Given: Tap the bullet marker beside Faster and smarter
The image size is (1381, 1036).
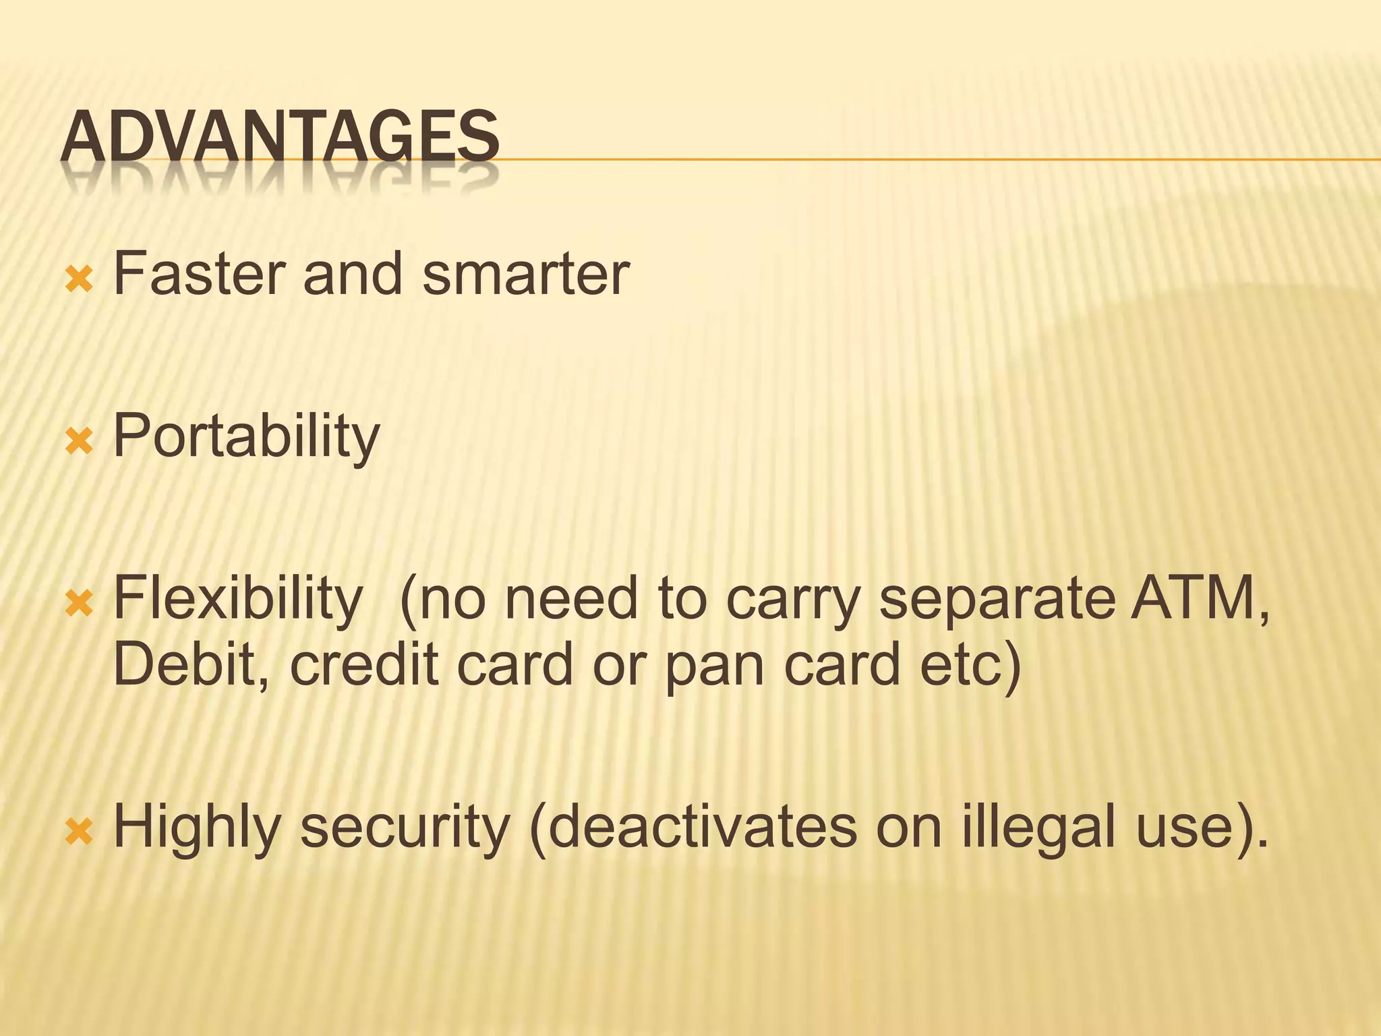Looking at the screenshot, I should tap(79, 279).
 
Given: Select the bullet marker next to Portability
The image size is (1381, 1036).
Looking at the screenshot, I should tap(79, 441).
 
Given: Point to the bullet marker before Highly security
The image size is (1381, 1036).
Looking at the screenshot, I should tap(79, 832).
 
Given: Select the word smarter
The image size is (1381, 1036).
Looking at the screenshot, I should tap(526, 274).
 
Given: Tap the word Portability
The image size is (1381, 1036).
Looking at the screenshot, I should tap(247, 437).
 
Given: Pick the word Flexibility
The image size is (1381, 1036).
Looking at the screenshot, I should tap(238, 599).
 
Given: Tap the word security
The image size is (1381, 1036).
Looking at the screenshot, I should tap(405, 828).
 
